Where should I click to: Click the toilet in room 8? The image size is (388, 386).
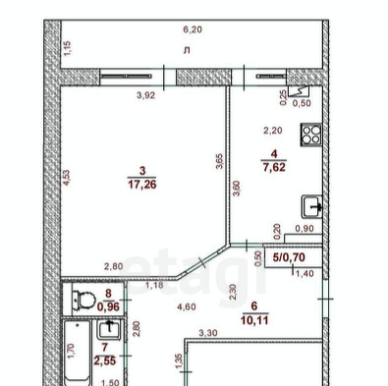83,300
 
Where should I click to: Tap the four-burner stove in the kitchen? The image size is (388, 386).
311,135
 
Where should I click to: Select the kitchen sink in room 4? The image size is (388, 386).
312,206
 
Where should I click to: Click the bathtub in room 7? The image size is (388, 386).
78,353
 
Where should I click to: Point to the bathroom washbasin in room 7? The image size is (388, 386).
109,330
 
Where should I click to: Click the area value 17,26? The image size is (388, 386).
142,185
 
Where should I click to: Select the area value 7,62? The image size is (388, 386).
274,167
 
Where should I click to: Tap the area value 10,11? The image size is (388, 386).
254,320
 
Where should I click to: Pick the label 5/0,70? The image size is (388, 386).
289,257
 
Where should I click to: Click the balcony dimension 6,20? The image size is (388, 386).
193,29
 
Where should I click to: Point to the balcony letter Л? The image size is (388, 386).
187,51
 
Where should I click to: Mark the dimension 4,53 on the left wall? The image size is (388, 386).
67,178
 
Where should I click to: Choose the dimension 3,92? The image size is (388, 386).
145,95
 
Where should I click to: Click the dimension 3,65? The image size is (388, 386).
219,161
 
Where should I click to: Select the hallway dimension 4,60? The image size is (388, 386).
187,307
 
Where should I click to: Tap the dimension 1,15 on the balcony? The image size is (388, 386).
67,48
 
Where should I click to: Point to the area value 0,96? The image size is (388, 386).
108,306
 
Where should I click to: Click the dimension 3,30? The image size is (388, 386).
208,333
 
